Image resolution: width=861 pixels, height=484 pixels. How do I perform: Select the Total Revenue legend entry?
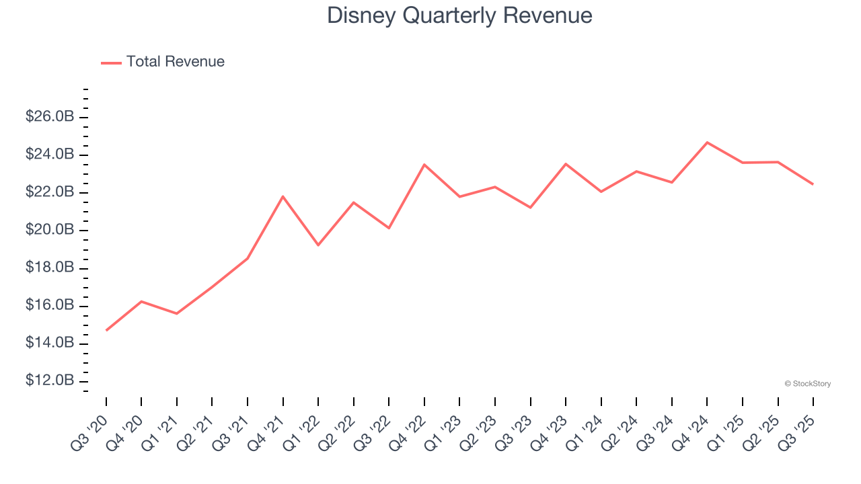(163, 62)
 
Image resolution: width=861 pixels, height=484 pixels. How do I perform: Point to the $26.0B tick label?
(49, 117)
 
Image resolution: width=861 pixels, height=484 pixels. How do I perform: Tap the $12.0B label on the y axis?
(49, 380)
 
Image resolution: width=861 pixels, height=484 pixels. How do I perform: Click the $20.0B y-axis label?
(49, 230)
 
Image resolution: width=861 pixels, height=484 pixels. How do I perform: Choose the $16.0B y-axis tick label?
(49, 305)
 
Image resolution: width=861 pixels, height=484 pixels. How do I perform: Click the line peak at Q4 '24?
(707, 143)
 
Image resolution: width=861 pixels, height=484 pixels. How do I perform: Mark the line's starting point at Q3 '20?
(106, 330)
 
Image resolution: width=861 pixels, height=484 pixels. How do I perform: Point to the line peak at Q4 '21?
(283, 196)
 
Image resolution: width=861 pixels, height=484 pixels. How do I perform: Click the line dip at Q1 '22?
(318, 245)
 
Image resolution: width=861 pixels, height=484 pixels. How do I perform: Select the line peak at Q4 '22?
(424, 165)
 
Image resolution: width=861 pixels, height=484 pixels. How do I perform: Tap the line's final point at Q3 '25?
(813, 184)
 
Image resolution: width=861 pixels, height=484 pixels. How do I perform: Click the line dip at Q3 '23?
(530, 207)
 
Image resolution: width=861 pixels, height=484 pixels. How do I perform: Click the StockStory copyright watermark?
(807, 384)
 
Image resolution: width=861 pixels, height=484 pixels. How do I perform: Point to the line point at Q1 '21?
(177, 313)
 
